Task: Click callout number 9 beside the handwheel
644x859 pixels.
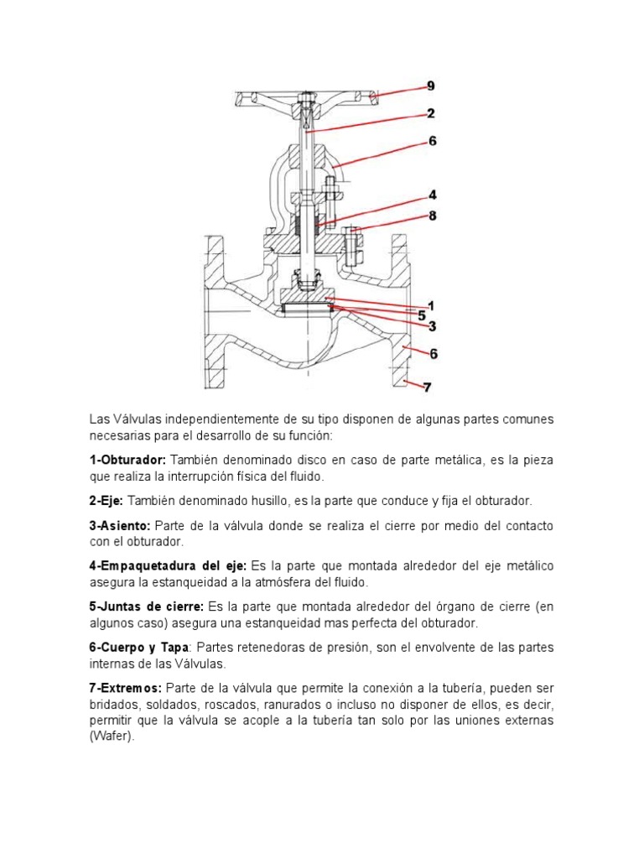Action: (430, 86)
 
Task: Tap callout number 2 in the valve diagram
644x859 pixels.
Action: (430, 113)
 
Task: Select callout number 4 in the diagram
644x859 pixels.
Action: (432, 194)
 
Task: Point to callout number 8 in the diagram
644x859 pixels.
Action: (432, 216)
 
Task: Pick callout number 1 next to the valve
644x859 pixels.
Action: (430, 305)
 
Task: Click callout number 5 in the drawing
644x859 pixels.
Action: (422, 315)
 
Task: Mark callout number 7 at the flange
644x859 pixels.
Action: (427, 387)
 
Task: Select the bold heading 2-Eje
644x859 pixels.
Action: (106, 500)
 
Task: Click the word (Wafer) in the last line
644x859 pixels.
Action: (112, 736)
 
